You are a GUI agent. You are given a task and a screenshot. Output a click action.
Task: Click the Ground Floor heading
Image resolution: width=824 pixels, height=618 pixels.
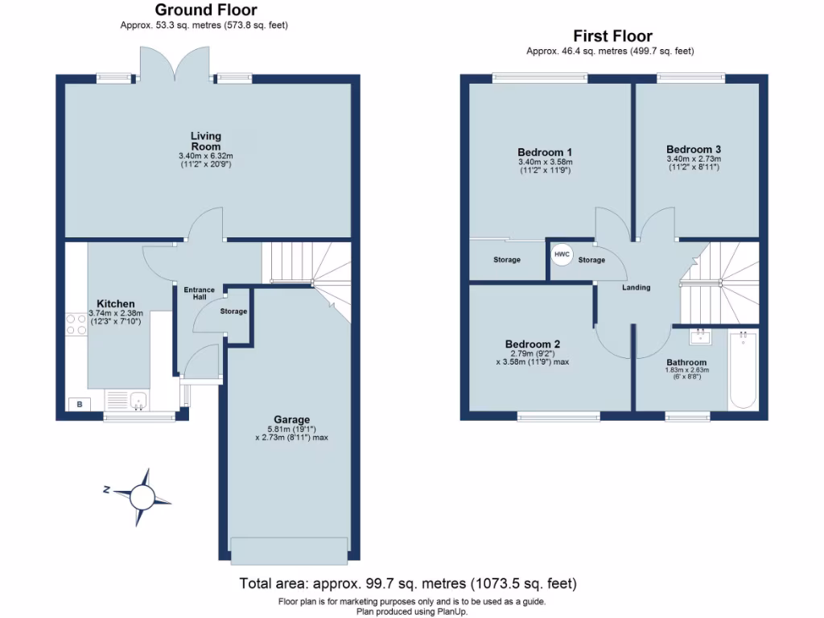[206, 10]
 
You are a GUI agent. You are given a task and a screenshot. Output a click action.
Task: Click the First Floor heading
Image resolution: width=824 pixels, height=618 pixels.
[612, 36]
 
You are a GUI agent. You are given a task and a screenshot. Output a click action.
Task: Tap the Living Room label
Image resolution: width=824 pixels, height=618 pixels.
[206, 141]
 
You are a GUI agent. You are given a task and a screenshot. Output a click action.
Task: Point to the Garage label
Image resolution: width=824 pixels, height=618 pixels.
[291, 419]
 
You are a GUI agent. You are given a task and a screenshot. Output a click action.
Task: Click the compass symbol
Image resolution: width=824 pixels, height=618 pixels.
[142, 491]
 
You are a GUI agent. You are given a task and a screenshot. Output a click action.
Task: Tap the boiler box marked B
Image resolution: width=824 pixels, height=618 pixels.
[79, 404]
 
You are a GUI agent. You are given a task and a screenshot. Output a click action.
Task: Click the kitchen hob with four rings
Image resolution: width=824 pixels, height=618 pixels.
[76, 324]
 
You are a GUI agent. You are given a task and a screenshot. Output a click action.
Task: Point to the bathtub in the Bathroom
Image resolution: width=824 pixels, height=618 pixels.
[743, 371]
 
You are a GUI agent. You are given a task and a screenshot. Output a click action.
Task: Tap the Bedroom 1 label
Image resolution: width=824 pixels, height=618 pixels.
[545, 152]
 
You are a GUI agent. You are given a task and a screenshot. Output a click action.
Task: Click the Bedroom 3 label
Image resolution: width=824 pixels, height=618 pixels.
[693, 149]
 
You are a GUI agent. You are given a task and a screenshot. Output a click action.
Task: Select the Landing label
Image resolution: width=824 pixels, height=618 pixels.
[636, 287]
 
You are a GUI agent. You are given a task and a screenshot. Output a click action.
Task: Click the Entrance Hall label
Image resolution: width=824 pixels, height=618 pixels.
[200, 294]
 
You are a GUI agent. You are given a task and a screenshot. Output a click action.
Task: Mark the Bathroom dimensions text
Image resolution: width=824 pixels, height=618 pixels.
[686, 373]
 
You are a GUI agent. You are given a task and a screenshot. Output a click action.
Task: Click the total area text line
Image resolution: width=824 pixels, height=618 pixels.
[408, 583]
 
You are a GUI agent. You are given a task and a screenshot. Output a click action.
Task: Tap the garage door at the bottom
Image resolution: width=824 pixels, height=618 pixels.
[290, 549]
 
